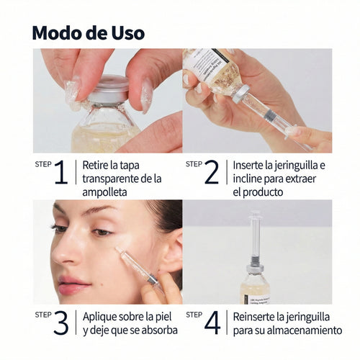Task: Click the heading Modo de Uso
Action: point(89,33)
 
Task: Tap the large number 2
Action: point(211,173)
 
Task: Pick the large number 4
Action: point(212,323)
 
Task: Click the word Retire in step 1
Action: point(97,165)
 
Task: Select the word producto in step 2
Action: point(265,192)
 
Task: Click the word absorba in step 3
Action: point(159,330)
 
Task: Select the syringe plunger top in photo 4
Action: point(254,215)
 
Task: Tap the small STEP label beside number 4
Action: point(194,314)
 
